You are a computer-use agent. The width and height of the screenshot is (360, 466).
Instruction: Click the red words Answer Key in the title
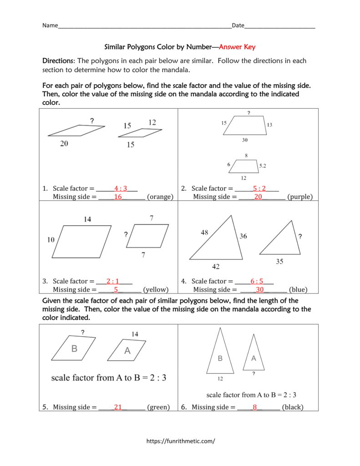[238, 46]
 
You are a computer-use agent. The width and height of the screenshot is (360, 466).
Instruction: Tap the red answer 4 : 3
[121, 188]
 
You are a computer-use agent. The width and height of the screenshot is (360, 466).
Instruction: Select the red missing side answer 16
[118, 197]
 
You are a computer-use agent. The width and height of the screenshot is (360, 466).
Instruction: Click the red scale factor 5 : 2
[259, 188]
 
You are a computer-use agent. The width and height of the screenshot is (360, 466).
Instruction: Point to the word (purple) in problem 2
[300, 197]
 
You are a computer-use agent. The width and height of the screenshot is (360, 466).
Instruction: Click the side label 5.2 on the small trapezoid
[263, 167]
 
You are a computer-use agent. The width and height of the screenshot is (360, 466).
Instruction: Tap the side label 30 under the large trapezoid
[245, 140]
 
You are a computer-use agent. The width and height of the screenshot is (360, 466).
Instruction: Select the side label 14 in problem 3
[87, 219]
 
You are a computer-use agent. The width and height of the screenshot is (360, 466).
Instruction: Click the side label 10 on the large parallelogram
[51, 240]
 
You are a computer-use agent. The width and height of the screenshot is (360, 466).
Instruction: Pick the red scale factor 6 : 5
[257, 281]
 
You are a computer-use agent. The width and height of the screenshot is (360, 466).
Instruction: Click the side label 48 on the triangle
[204, 233]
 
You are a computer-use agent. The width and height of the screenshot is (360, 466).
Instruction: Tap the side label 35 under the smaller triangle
[280, 262]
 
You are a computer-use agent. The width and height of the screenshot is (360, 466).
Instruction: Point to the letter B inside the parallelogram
[74, 349]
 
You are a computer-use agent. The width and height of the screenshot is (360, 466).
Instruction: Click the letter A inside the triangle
[254, 358]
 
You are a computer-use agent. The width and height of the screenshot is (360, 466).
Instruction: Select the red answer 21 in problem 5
[118, 407]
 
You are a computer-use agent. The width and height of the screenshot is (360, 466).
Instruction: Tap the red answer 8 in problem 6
[255, 407]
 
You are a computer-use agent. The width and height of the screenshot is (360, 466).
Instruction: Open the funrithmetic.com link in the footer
[180, 441]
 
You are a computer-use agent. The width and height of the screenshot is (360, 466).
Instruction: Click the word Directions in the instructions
[58, 61]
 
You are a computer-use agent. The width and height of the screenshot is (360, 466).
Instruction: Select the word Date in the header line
[238, 25]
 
